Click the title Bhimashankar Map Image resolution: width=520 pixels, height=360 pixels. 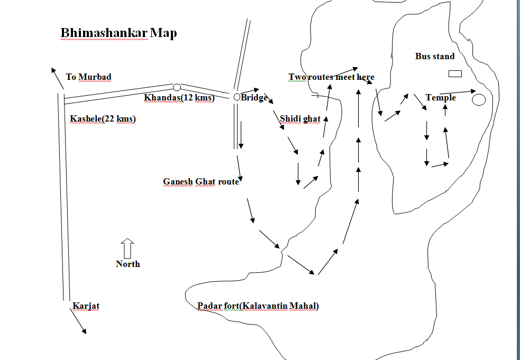pyautogui.click(x=118, y=33)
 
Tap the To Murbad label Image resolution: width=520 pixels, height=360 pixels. pyautogui.click(x=88, y=77)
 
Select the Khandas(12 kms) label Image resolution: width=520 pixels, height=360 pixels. pyautogui.click(x=179, y=98)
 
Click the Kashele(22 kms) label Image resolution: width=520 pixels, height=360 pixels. pyautogui.click(x=103, y=119)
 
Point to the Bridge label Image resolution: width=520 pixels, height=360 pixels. pyautogui.click(x=254, y=98)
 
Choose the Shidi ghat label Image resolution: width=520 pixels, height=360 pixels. pyautogui.click(x=300, y=118)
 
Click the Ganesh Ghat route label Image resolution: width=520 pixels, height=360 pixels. pyautogui.click(x=200, y=182)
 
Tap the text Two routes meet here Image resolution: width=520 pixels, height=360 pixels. pyautogui.click(x=331, y=77)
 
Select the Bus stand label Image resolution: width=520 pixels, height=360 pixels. pyautogui.click(x=435, y=56)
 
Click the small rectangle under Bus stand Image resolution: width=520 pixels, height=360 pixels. pyautogui.click(x=455, y=73)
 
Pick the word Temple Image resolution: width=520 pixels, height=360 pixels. pyautogui.click(x=441, y=98)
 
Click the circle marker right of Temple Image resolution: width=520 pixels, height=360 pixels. pyautogui.click(x=479, y=99)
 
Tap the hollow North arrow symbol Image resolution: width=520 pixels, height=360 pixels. pyautogui.click(x=127, y=248)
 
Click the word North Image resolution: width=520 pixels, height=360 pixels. pyautogui.click(x=128, y=264)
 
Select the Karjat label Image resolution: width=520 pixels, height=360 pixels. pyautogui.click(x=86, y=306)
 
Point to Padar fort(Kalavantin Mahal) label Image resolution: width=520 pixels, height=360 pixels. pyautogui.click(x=258, y=306)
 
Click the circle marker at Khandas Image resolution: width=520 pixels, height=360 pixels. pyautogui.click(x=177, y=87)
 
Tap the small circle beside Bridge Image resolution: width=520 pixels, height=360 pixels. pyautogui.click(x=237, y=97)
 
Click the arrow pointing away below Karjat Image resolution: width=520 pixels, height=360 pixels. pyautogui.click(x=77, y=321)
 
